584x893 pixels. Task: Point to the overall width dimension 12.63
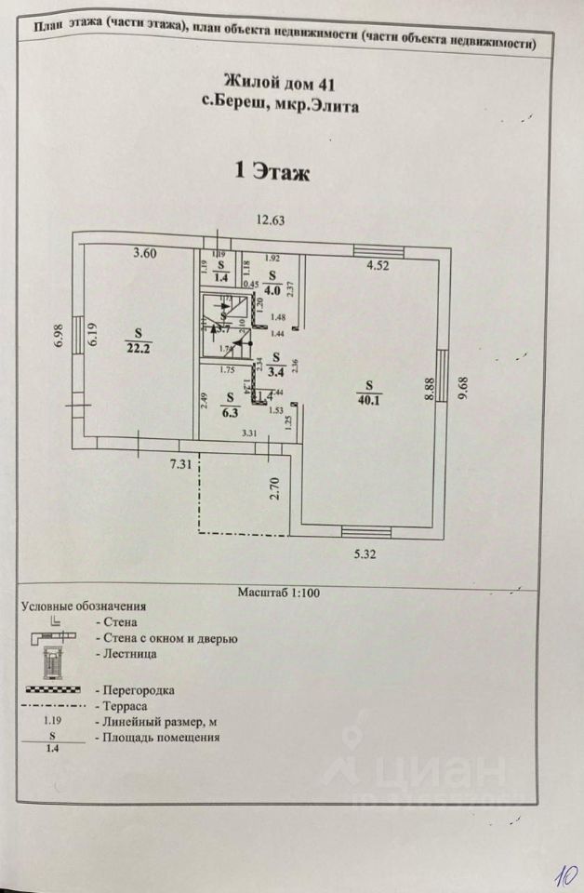(x=270, y=220)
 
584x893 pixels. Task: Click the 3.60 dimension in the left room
(x=145, y=252)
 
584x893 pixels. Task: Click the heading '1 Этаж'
(x=270, y=172)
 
